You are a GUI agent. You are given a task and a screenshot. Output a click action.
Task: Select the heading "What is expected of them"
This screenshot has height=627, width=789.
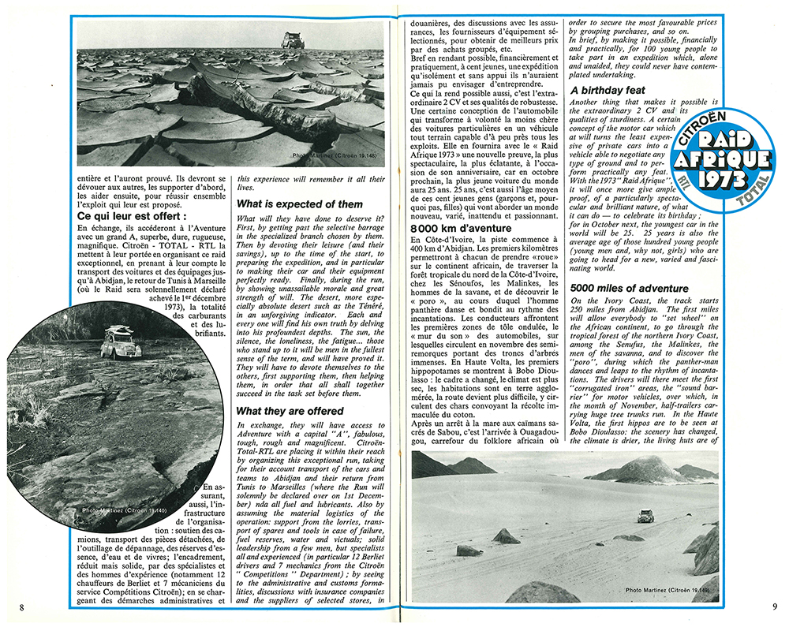point(300,204)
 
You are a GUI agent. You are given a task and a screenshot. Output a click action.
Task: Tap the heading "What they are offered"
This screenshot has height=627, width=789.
point(291,411)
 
